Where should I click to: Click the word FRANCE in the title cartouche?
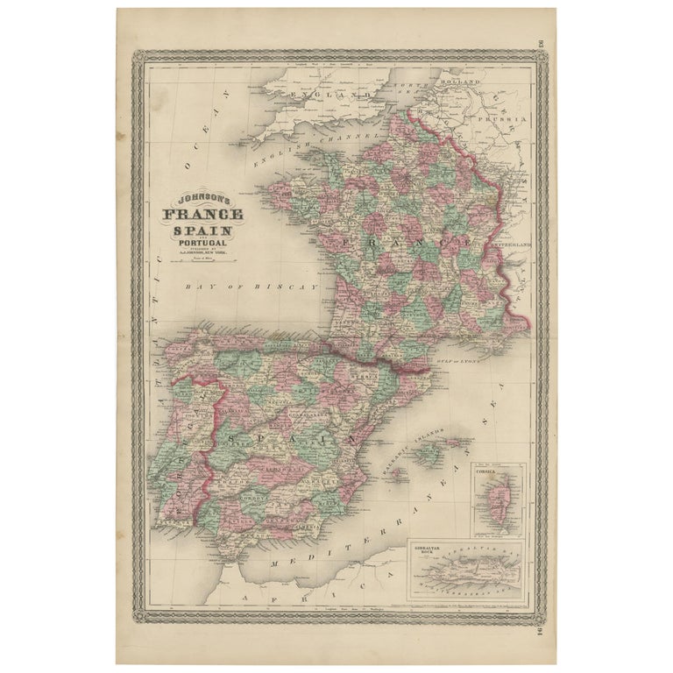(202, 215)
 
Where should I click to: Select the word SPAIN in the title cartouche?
(202, 230)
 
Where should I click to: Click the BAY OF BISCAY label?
(251, 287)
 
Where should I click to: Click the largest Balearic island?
(428, 453)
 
